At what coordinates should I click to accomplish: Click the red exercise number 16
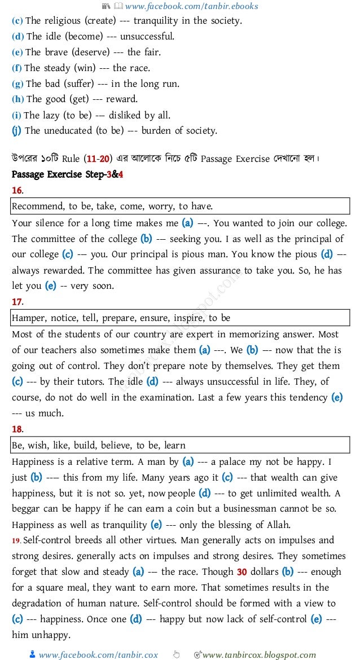tap(17, 190)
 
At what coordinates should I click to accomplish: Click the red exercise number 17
tap(17, 302)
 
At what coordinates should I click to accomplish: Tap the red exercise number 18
tap(17, 429)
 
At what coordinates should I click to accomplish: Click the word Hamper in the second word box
tap(29, 318)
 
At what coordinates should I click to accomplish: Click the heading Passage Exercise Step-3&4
tap(67, 174)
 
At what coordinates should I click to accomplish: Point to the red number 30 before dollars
tap(242, 571)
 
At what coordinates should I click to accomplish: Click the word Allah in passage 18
tap(278, 525)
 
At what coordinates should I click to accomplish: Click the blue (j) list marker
tap(17, 131)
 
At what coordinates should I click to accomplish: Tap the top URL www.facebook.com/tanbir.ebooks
tap(192, 6)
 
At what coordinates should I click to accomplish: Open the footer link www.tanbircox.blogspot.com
tap(259, 655)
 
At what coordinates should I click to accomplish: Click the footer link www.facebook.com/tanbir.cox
tap(98, 655)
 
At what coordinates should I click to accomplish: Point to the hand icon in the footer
tap(177, 654)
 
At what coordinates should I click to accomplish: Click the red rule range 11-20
tap(101, 159)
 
